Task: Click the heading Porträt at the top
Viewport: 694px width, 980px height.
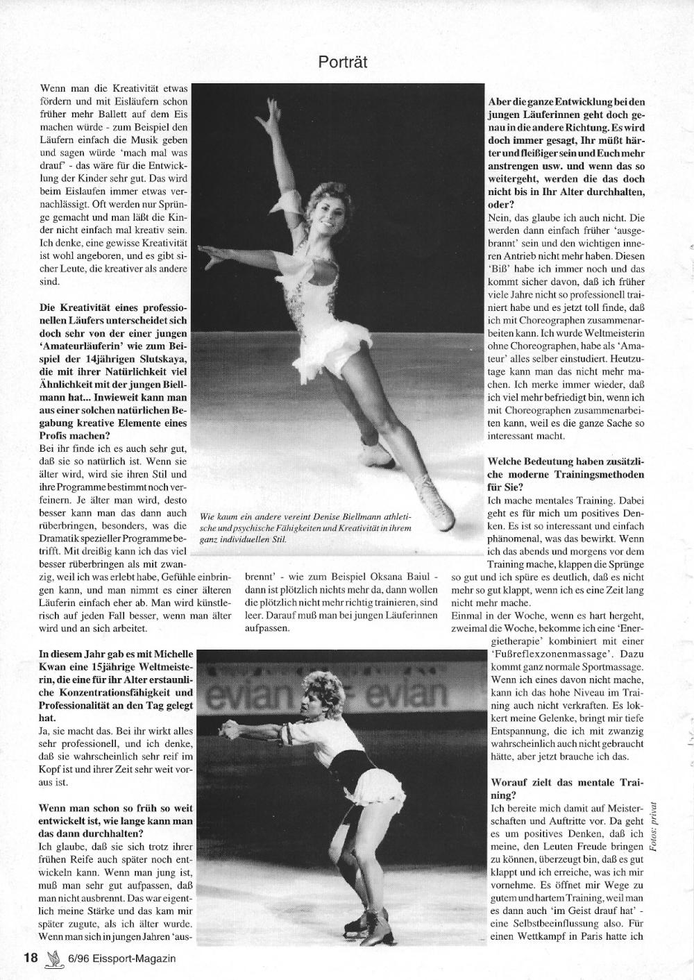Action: click(342, 62)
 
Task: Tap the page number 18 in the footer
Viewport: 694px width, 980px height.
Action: click(30, 958)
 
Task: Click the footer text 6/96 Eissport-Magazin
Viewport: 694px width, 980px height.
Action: click(121, 958)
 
